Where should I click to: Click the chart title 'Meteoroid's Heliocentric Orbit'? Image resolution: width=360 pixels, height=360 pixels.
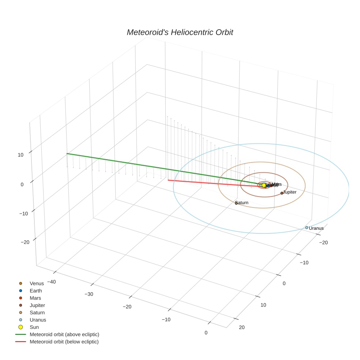point(180,32)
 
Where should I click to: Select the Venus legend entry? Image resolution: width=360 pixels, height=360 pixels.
point(37,283)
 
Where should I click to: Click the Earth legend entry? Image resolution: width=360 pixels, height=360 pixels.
point(35,290)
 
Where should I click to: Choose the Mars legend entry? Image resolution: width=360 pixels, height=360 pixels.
point(35,298)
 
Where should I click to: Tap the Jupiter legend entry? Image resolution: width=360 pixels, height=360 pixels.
point(37,305)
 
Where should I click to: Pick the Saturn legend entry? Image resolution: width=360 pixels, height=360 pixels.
point(37,312)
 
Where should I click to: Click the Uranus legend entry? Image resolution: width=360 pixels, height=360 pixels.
point(38,320)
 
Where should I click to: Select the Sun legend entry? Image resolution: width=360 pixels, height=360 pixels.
point(34,327)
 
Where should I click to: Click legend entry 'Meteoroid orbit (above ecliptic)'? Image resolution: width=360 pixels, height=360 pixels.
point(64,334)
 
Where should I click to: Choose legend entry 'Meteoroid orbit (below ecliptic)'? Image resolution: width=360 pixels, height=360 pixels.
point(64,342)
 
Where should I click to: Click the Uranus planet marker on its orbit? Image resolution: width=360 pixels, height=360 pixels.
point(307,228)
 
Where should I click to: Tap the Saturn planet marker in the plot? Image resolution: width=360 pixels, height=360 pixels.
point(236,203)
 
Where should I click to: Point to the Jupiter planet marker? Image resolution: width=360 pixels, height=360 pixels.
point(282,193)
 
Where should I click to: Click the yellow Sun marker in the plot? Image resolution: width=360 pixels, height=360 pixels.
point(264,185)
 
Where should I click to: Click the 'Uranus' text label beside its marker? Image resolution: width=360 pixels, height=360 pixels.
point(316,228)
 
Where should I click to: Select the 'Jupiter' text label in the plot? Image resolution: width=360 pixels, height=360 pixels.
point(290,192)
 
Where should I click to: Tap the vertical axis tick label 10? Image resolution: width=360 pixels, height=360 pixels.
point(20,155)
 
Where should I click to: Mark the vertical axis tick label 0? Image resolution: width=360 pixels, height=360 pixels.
point(22,184)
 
